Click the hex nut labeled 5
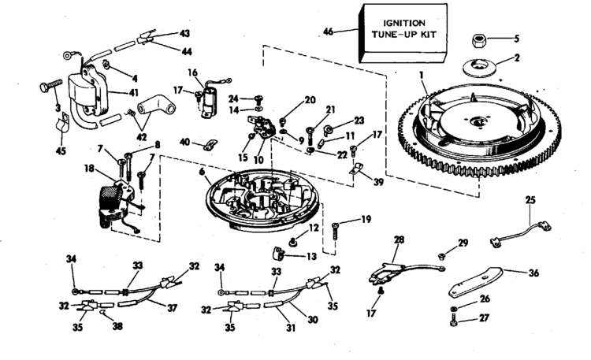pyautogui.click(x=478, y=40)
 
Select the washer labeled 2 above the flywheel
pyautogui.click(x=479, y=67)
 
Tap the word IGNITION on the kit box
pyautogui.click(x=404, y=24)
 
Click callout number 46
pyautogui.click(x=329, y=32)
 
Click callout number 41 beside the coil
pyautogui.click(x=134, y=93)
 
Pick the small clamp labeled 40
pyautogui.click(x=210, y=145)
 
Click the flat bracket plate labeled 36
pyautogui.click(x=475, y=282)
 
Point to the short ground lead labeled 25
pyautogui.click(x=521, y=233)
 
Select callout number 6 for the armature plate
pyautogui.click(x=203, y=172)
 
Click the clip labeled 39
pyautogui.click(x=356, y=168)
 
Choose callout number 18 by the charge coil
pyautogui.click(x=89, y=168)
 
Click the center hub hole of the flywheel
pyautogui.click(x=478, y=121)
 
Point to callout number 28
pyautogui.click(x=400, y=239)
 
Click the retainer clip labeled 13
pyautogui.click(x=278, y=254)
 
